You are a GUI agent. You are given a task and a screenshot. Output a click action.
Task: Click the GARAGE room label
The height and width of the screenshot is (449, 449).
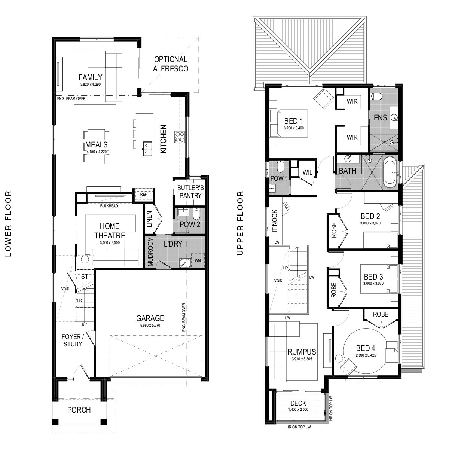click(x=150, y=318)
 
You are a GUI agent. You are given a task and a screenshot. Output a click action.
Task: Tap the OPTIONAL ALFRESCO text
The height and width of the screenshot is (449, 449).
click(x=171, y=64)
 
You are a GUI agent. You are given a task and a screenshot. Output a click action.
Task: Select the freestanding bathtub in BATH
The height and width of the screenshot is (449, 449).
click(x=390, y=172)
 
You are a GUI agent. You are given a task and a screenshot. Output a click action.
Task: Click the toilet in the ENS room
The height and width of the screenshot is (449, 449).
click(x=376, y=96)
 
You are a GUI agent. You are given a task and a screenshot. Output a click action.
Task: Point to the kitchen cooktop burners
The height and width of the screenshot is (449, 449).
click(x=180, y=137)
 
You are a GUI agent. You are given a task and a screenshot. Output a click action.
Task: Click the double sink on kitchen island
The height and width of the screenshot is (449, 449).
click(x=147, y=149)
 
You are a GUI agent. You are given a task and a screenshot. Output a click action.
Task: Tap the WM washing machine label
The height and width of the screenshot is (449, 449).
click(x=198, y=260)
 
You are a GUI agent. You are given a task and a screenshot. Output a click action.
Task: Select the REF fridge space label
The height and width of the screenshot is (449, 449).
click(x=144, y=194)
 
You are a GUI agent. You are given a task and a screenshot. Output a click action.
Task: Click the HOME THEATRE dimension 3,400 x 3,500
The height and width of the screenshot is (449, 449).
click(x=110, y=242)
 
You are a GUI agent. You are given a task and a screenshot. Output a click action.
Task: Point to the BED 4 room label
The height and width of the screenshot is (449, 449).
click(x=366, y=348)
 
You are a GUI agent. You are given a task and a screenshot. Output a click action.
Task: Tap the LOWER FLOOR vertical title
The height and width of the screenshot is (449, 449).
click(x=8, y=224)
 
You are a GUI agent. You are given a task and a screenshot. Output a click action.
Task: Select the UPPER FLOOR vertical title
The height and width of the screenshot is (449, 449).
click(x=240, y=223)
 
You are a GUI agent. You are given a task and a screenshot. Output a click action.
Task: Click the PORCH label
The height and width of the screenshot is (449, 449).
click(x=79, y=410)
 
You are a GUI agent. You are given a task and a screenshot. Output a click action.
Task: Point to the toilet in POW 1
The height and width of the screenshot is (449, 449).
click(x=280, y=167)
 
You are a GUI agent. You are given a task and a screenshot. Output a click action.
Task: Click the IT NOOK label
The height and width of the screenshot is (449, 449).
click(x=275, y=221)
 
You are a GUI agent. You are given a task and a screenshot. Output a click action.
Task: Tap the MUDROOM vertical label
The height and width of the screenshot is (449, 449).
click(x=150, y=252)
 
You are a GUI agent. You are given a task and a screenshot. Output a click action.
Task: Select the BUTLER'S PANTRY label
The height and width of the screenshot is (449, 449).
click(x=190, y=192)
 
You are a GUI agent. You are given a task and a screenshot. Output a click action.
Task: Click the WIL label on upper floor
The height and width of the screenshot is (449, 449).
click(x=307, y=172)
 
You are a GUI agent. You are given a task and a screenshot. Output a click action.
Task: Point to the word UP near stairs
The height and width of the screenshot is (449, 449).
click(x=84, y=324)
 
